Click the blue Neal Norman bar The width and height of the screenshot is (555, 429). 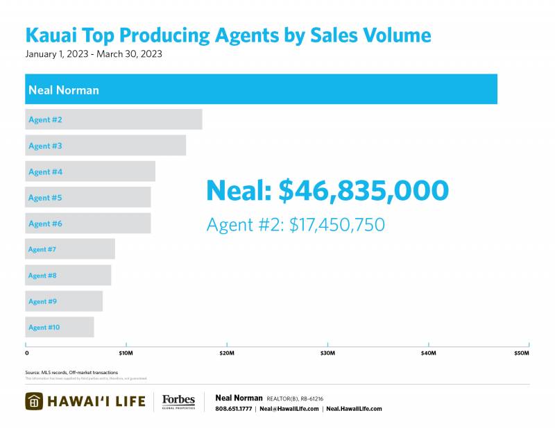pos(261,90)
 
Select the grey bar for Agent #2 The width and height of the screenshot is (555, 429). pos(114,119)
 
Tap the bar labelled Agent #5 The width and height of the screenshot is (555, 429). pos(88,198)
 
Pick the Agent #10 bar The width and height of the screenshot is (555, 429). pos(60,327)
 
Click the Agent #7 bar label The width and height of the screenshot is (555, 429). pos(42,249)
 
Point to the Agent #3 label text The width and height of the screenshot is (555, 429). pos(45,146)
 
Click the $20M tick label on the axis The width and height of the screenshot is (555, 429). pos(227,354)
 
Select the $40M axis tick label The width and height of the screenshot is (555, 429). pos(429,354)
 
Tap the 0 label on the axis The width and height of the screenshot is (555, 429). pos(27,354)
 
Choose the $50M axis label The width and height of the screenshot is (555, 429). pos(521,354)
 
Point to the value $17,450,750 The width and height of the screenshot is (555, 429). pos(336,225)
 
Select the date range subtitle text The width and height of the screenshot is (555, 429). pos(94,53)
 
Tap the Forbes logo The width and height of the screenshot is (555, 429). pos(178,401)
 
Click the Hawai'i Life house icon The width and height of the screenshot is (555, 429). pos(35,401)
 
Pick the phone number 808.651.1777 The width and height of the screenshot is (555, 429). pos(234,409)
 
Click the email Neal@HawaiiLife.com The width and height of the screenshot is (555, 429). pos(289,409)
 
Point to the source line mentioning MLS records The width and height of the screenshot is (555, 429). pos(71,373)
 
